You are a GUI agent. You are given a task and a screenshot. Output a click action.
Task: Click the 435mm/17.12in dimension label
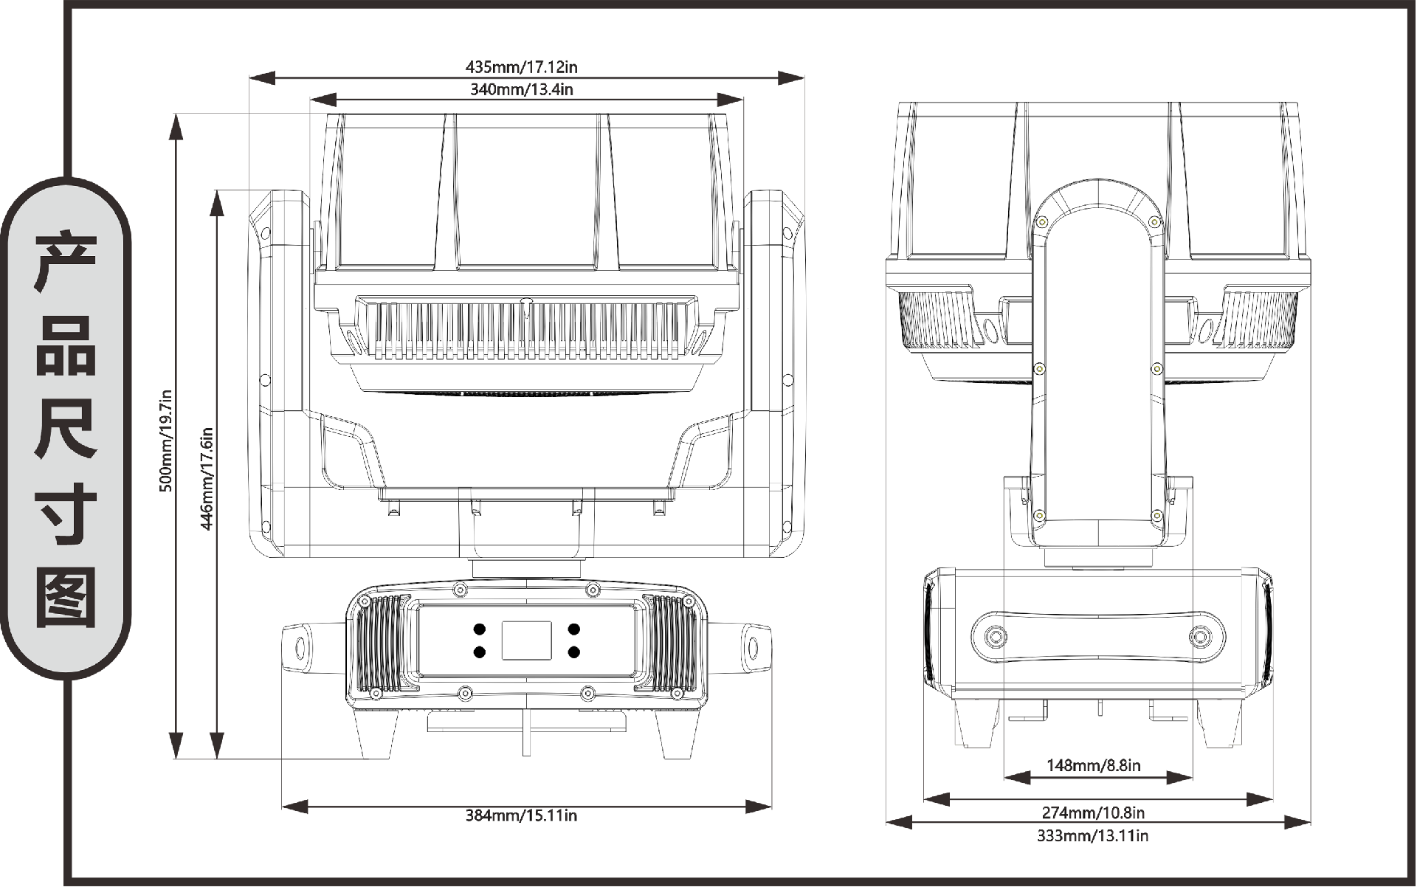tap(522, 67)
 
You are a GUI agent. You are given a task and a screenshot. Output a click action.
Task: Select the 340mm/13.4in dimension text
tap(522, 90)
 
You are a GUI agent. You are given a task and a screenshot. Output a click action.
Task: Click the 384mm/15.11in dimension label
tap(521, 815)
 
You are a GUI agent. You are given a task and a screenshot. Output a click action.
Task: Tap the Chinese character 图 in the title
tap(66, 598)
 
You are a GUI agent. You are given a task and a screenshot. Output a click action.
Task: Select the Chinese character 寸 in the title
tap(66, 514)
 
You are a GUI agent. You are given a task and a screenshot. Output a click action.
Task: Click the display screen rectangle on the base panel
tap(527, 641)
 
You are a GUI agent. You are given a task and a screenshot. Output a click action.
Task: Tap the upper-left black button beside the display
tap(480, 629)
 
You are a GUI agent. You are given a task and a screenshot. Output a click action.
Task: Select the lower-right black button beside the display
tap(574, 652)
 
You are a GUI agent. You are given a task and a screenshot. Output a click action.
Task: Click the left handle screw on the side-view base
tap(996, 636)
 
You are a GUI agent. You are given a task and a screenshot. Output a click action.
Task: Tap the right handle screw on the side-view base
tap(1201, 636)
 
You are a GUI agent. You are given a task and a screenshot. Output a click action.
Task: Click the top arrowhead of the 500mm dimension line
tap(176, 126)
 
